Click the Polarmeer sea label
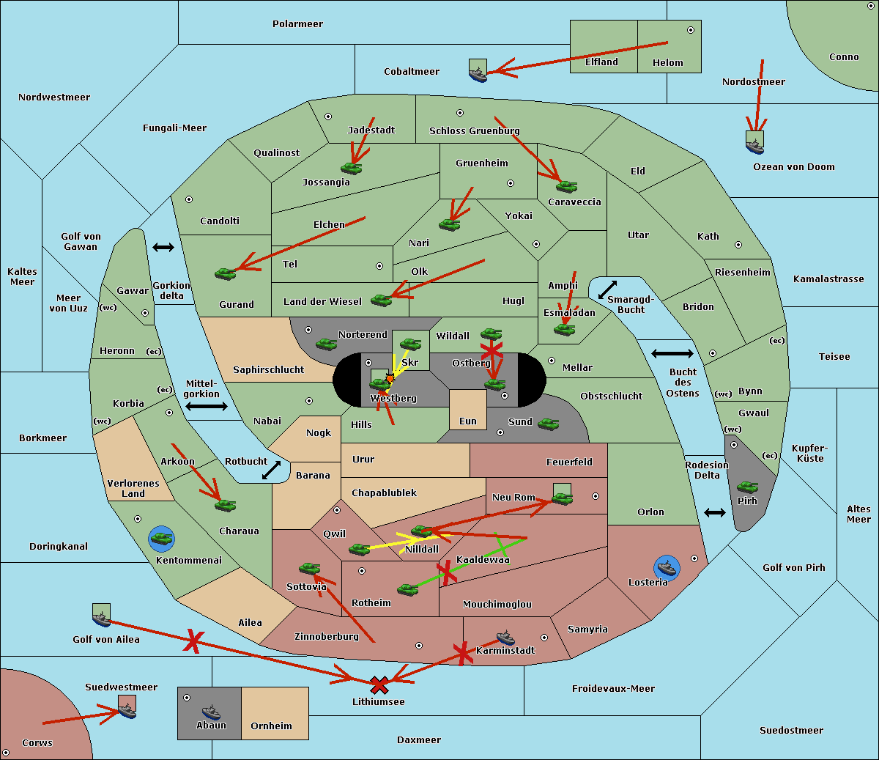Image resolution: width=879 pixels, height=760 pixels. (297, 24)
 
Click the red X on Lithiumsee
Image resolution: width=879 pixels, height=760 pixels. (379, 686)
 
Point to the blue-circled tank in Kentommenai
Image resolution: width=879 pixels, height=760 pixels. (161, 539)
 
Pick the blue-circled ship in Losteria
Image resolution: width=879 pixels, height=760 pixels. (667, 567)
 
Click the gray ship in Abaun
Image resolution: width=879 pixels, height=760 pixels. (211, 712)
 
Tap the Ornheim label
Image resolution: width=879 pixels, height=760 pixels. (271, 726)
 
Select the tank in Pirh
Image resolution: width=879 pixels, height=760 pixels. (747, 487)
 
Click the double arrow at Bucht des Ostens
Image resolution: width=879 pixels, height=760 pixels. (672, 354)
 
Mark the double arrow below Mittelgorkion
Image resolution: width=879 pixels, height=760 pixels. (206, 406)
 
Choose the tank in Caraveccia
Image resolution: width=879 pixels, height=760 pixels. (566, 186)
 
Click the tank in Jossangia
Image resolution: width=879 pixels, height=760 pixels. (352, 168)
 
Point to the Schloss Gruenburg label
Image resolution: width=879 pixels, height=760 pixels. (474, 131)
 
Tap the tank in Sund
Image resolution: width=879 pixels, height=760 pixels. (548, 424)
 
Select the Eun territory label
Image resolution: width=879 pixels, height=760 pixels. (468, 421)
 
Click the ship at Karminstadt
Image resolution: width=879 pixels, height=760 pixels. (505, 637)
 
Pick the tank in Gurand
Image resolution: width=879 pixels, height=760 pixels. (226, 273)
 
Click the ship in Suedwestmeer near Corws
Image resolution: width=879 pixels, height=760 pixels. (127, 709)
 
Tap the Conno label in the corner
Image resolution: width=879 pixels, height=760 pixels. (844, 57)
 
